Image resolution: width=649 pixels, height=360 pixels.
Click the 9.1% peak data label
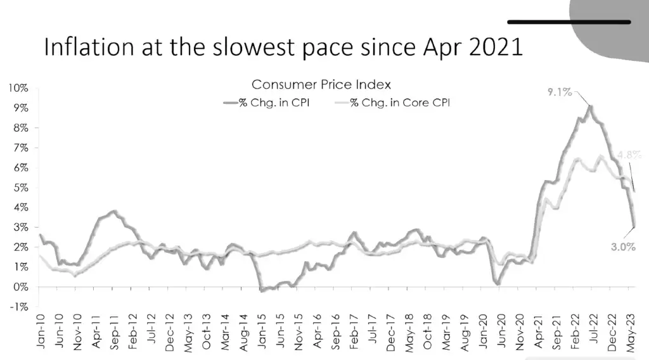(x=560, y=93)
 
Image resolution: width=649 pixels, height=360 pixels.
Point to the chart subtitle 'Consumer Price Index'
(x=321, y=84)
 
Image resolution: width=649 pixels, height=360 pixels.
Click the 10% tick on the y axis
(x=18, y=88)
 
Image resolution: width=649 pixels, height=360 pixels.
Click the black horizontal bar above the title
(x=569, y=22)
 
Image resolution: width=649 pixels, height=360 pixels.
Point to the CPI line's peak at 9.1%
(x=590, y=106)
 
